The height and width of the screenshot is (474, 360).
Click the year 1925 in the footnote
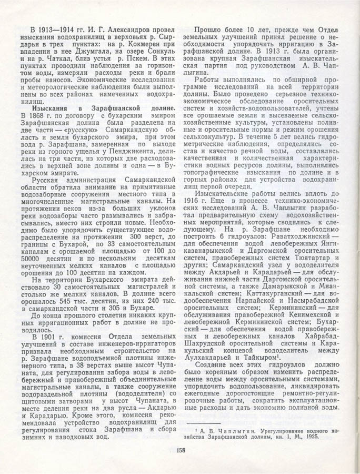308,437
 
